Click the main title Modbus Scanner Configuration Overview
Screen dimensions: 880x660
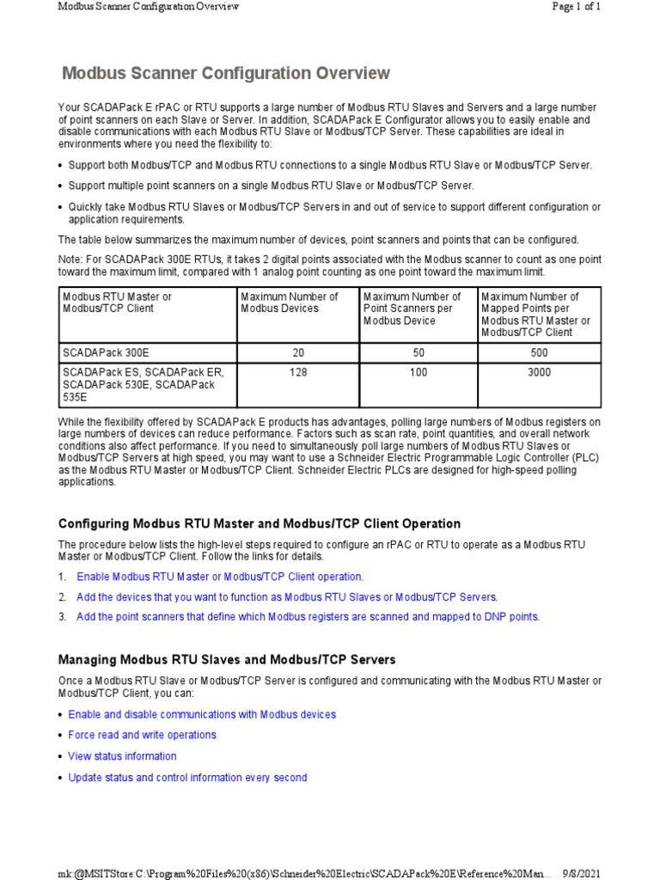coord(227,74)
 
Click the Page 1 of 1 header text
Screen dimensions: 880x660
coord(576,7)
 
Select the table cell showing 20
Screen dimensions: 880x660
coord(298,352)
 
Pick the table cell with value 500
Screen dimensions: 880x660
coord(540,352)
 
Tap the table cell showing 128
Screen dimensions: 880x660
coord(298,373)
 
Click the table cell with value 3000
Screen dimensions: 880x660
coord(540,373)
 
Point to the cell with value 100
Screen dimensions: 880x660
coord(419,373)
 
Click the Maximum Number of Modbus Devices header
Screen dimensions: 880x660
coord(278,302)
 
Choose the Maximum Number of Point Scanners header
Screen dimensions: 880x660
coord(412,309)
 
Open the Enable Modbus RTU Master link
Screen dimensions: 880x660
coord(220,577)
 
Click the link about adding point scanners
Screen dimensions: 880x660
coord(308,617)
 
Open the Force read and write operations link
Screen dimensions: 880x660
coord(142,736)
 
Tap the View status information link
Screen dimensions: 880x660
coord(122,756)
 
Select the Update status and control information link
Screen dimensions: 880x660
coord(187,778)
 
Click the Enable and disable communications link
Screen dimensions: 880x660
coord(202,714)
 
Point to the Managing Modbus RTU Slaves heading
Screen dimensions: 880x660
coord(227,660)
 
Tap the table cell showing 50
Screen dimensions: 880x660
coord(419,352)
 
